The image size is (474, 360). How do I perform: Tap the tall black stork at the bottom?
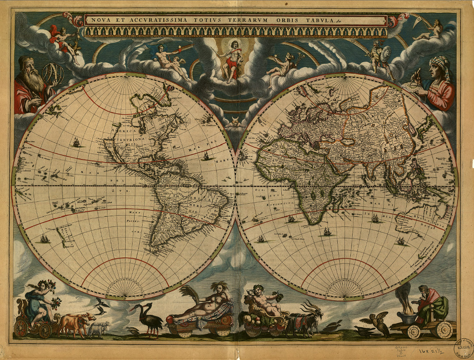[x=149, y=318]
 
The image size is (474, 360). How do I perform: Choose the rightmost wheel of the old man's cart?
[x=445, y=329]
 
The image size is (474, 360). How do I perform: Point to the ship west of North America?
[x=76, y=143]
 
